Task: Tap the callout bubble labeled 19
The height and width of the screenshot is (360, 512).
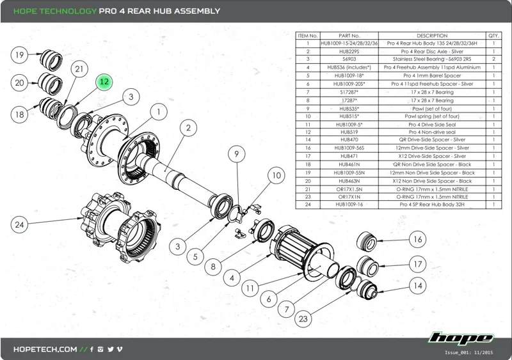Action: pyautogui.click(x=20, y=55)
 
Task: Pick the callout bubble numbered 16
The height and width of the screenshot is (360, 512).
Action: pyautogui.click(x=417, y=239)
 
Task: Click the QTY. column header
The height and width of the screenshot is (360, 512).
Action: pyautogui.click(x=493, y=36)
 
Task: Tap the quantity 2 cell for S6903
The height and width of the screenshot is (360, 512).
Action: pyautogui.click(x=493, y=59)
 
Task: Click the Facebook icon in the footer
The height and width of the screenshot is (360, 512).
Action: pyautogui.click(x=92, y=350)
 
